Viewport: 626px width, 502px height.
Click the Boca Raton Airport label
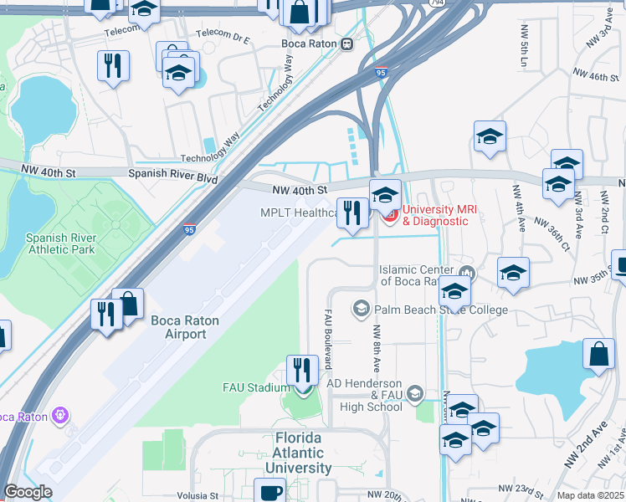tap(178, 327)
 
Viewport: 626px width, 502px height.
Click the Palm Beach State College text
tap(441, 310)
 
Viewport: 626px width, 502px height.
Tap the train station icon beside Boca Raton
tap(347, 44)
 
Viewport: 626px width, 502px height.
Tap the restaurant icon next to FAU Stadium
tap(300, 369)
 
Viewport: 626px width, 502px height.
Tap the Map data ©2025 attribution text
tap(590, 495)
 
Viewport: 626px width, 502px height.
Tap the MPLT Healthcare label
tap(298, 213)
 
